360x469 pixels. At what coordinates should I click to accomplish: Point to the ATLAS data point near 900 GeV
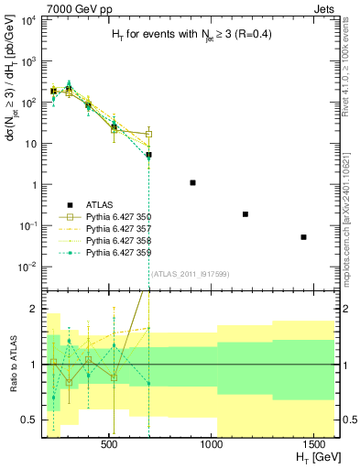click(x=192, y=183)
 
